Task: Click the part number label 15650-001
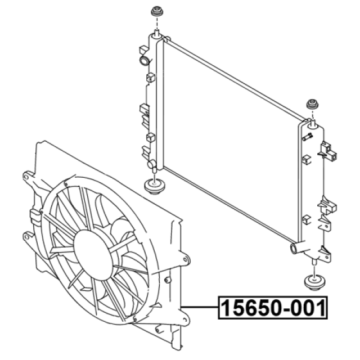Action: (x=273, y=308)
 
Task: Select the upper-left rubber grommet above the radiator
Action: (x=157, y=12)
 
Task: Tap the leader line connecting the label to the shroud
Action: (x=199, y=307)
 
